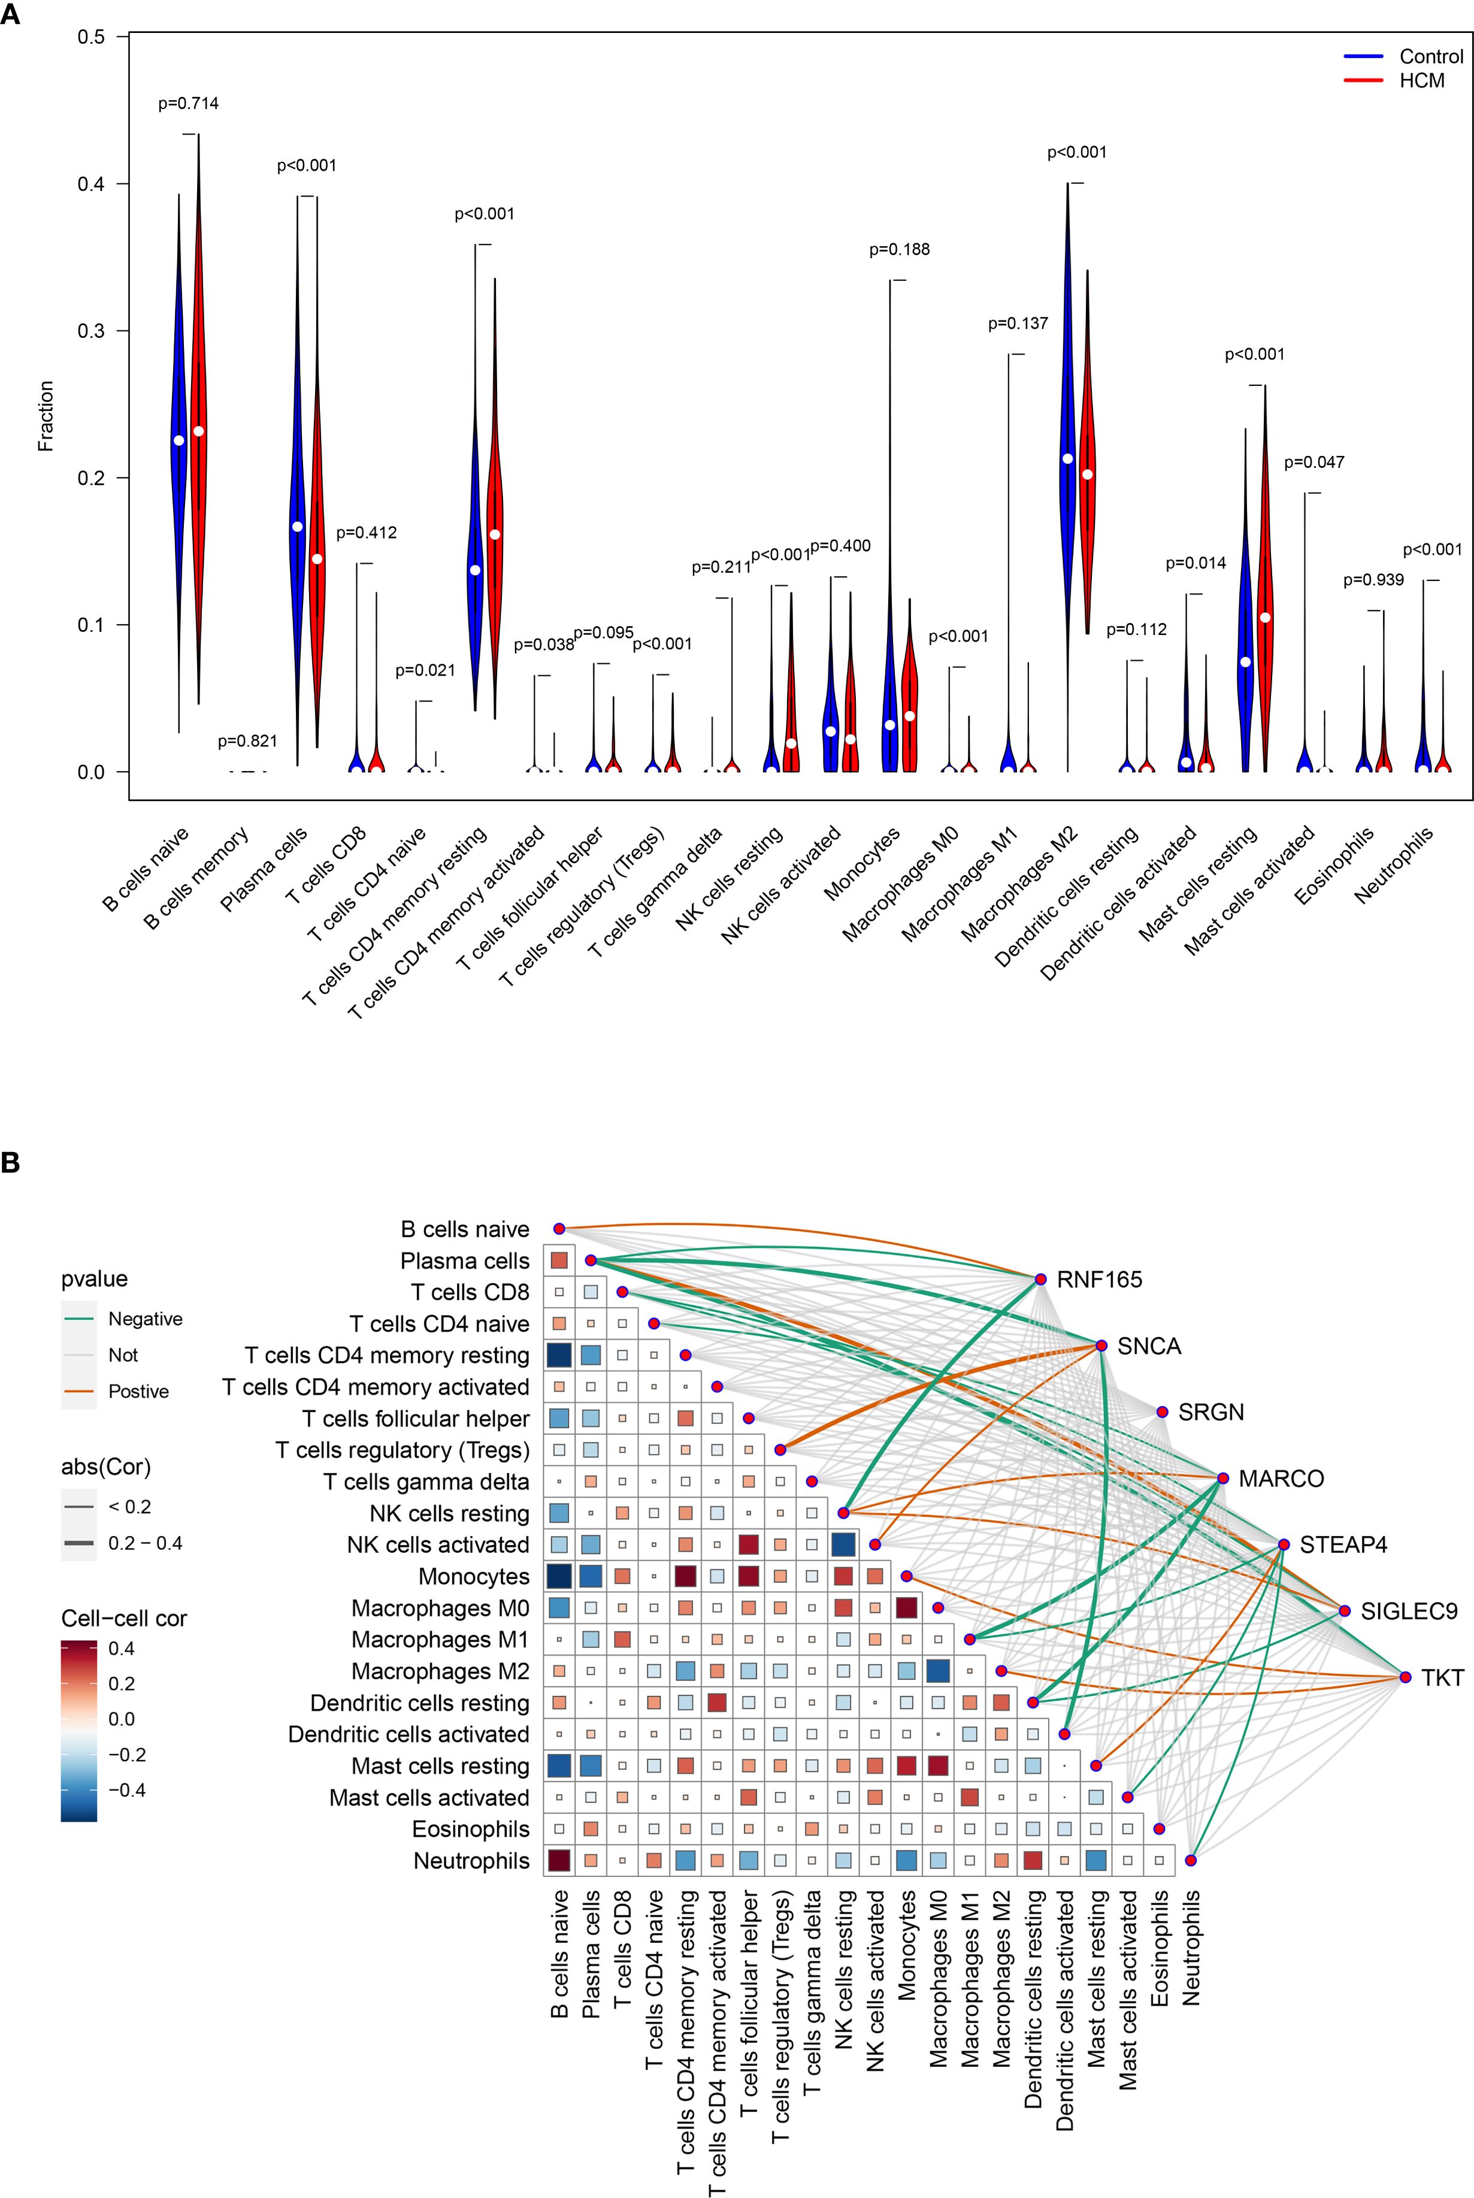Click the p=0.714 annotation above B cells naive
188,104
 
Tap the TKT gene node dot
1405,1677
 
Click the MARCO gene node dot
1223,1478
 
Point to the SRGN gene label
1211,1412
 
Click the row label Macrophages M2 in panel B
440,1671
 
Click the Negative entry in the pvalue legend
145,1319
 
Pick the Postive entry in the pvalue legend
138,1392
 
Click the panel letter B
10,1163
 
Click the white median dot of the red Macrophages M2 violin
1088,474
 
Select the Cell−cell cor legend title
123,1619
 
